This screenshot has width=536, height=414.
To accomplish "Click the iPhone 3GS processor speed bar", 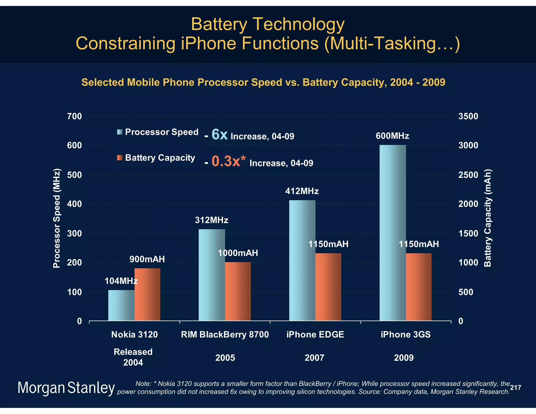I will click(x=393, y=233).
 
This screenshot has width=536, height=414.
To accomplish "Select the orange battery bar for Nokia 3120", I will click(x=147, y=294).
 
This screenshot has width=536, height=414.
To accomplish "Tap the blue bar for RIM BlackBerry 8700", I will click(x=212, y=275).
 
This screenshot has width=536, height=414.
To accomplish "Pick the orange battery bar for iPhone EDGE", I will click(x=328, y=287).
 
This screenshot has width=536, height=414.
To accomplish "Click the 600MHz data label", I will click(x=392, y=136).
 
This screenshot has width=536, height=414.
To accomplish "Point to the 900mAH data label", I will click(x=147, y=259).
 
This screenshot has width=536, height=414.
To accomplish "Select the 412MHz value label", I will click(x=302, y=191).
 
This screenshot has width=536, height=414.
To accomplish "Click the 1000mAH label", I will click(x=238, y=253).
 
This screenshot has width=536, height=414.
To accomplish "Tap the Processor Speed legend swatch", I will click(x=120, y=132).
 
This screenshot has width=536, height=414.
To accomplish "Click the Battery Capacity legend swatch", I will click(x=120, y=158).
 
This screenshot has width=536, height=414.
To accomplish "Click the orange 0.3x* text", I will click(x=228, y=161).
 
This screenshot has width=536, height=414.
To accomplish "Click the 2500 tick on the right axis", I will click(x=468, y=175).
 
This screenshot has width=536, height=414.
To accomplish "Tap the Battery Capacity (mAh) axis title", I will click(x=488, y=218).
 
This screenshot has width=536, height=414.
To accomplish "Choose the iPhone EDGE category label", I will click(x=315, y=334).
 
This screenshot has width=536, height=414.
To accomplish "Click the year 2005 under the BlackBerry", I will click(x=225, y=358).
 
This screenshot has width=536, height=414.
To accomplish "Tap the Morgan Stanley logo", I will click(x=66, y=388).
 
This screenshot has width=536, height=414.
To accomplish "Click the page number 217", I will click(x=515, y=388).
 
